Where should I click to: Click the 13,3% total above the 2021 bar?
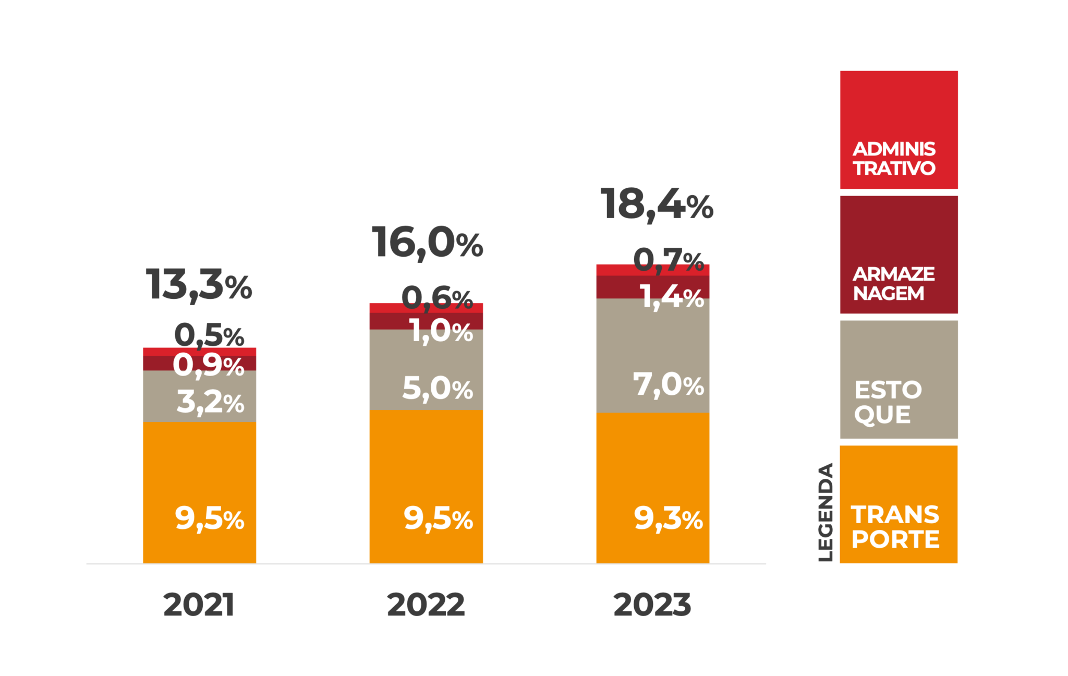click(199, 285)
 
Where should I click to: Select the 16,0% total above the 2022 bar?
click(427, 243)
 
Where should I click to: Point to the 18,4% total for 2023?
click(657, 204)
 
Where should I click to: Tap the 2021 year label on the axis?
click(199, 605)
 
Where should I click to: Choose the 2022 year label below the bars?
click(426, 605)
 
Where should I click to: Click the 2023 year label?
click(652, 605)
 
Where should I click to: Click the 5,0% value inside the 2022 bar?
click(437, 388)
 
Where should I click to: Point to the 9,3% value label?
click(668, 518)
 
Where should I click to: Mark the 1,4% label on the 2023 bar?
click(672, 297)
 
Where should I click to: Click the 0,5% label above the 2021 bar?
click(209, 335)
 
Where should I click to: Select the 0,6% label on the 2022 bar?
click(437, 298)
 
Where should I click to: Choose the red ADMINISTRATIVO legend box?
click(899, 129)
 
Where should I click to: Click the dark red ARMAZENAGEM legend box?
click(899, 255)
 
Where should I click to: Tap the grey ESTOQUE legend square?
click(899, 379)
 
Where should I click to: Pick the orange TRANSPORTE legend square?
click(899, 504)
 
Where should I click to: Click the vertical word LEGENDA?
click(826, 512)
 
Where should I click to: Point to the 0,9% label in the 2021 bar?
click(208, 365)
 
